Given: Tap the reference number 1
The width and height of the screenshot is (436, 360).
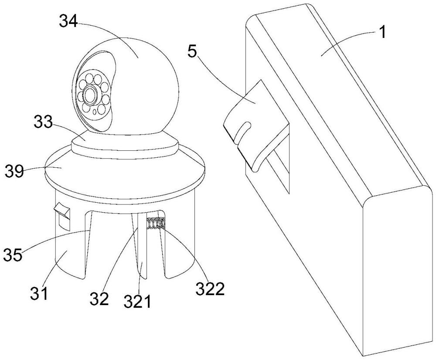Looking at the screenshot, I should [x=382, y=33].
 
